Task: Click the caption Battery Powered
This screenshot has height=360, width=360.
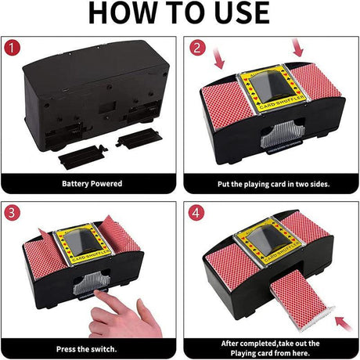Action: pos(92,184)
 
